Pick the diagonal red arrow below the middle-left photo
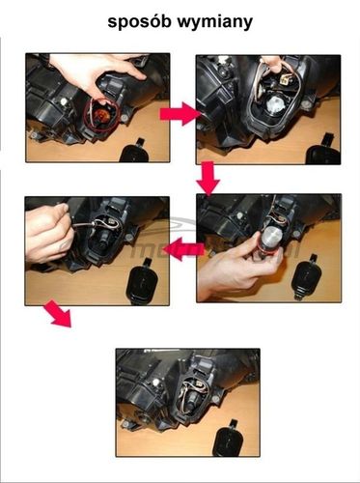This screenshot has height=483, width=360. tap(57, 315)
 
